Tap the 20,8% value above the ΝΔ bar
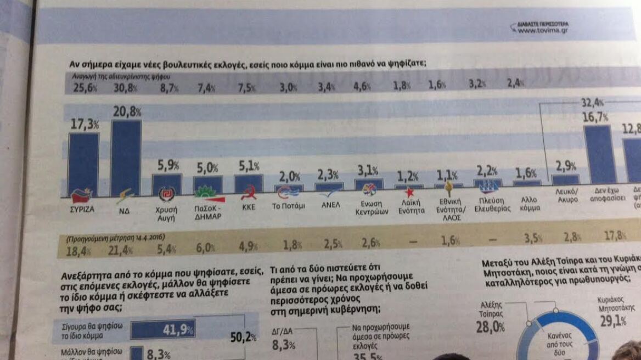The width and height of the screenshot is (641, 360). coord(126,111)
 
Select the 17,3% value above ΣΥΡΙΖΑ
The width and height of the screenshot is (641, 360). coord(84,125)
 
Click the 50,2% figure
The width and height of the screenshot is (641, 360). coord(243,337)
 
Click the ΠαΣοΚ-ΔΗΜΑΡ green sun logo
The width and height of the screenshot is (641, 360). coord(209,191)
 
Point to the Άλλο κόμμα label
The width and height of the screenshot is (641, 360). coord(528,204)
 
